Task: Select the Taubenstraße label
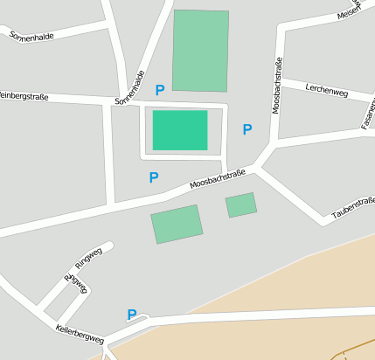354,207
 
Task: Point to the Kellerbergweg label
79,333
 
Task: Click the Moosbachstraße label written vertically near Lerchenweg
278,107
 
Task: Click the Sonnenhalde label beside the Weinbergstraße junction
128,87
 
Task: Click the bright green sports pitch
180,130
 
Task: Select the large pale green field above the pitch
200,51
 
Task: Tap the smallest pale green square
240,205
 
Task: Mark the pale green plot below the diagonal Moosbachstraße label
177,224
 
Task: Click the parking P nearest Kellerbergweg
132,315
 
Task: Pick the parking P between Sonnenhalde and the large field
159,90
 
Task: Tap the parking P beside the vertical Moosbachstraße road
247,129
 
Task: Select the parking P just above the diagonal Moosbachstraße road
154,177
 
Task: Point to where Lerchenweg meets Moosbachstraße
280,80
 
